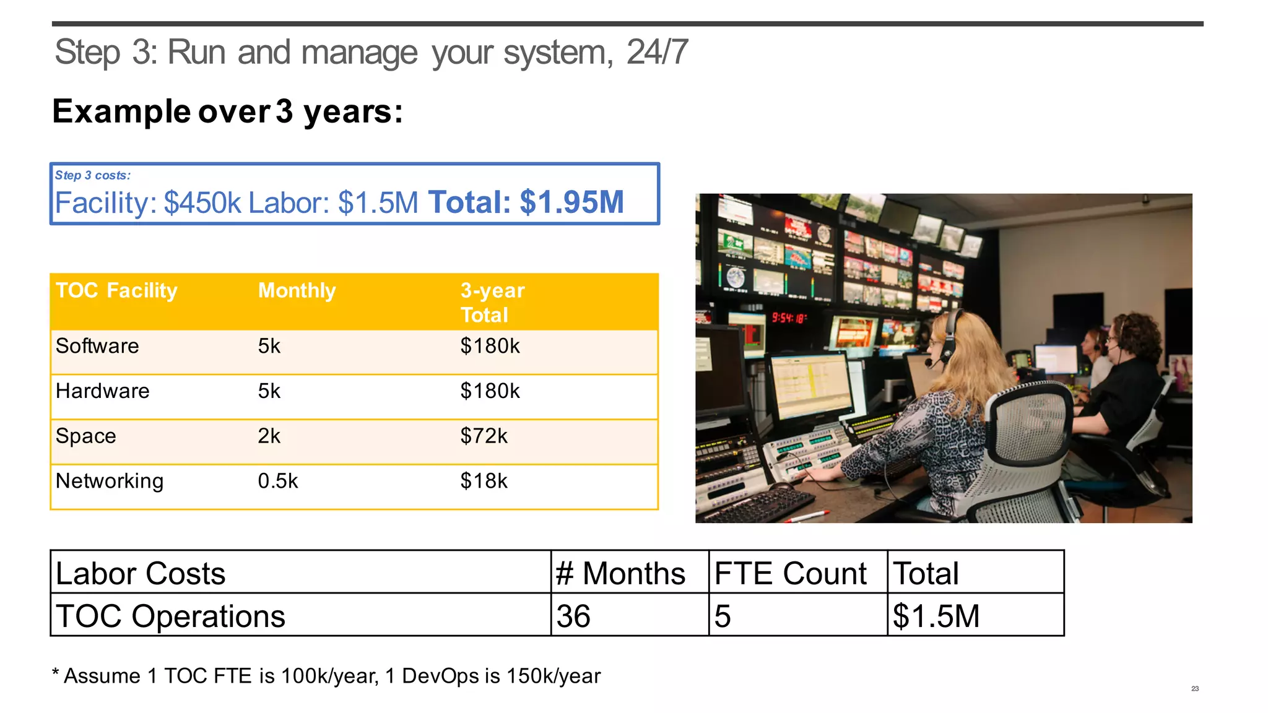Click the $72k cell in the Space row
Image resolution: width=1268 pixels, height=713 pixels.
tap(484, 436)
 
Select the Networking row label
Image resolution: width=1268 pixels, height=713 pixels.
tap(110, 482)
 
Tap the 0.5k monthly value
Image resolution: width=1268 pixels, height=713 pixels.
tap(278, 482)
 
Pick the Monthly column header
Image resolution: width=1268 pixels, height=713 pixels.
tap(297, 291)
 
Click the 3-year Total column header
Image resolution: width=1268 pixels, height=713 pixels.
tap(492, 303)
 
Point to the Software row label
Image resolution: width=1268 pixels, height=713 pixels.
tap(97, 346)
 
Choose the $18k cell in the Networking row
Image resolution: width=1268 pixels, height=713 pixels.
tap(484, 482)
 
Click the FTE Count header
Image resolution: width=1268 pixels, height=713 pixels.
tap(790, 573)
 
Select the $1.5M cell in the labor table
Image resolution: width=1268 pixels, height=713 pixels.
tap(936, 616)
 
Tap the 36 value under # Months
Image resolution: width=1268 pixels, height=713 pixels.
tap(573, 616)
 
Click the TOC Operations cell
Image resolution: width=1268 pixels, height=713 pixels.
tap(170, 616)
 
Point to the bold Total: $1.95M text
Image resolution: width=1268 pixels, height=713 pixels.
tap(526, 202)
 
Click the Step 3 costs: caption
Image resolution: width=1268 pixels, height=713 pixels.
tap(93, 176)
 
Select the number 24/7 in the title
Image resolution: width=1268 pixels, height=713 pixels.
tap(657, 52)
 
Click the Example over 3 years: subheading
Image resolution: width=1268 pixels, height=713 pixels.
tap(227, 112)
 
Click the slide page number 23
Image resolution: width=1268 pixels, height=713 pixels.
tap(1195, 688)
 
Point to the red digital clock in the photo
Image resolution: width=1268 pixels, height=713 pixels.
tap(789, 318)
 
